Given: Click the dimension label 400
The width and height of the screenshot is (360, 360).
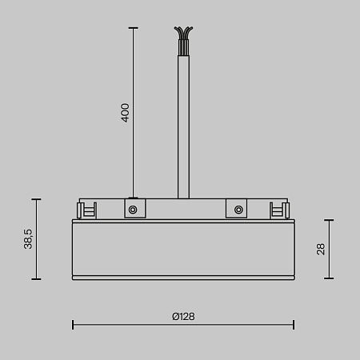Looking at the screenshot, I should tap(125, 111).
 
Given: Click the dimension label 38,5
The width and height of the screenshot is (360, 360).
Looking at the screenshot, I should tap(28, 238).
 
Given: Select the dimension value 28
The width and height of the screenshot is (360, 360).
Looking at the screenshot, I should tap(320, 249).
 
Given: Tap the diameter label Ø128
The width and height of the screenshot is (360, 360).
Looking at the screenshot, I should tap(183, 316).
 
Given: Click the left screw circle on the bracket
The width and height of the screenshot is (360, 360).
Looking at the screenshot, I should tap(133, 210).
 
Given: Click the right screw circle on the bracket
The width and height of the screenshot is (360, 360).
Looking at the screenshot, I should tap(238, 210).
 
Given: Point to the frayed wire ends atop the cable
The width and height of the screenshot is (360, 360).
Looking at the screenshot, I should tap(183, 35).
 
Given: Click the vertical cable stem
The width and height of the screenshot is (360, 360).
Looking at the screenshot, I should tap(183, 120).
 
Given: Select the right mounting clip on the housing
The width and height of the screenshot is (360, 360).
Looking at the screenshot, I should tap(281, 210).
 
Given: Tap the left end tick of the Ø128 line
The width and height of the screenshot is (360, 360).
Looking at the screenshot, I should tap(73, 324).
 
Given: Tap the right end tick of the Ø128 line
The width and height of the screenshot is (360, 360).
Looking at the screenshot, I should tap(294, 324).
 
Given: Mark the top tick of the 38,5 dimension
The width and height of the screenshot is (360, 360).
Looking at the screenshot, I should tap(35, 199).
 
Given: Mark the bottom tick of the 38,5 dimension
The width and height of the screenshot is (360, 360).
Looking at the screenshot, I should tap(35, 278).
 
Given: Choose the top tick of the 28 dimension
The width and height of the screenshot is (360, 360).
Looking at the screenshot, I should tap(329, 220).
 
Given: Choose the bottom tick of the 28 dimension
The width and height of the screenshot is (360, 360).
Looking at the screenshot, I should tap(329, 278).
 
